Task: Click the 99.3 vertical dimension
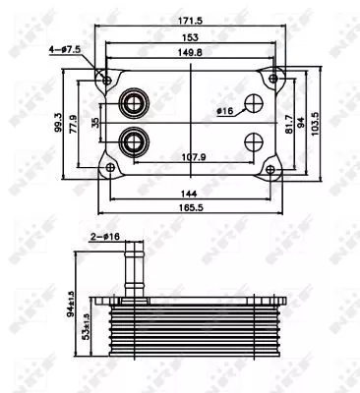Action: [59, 124]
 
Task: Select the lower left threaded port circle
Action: [131, 144]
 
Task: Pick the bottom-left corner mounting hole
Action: [110, 170]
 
